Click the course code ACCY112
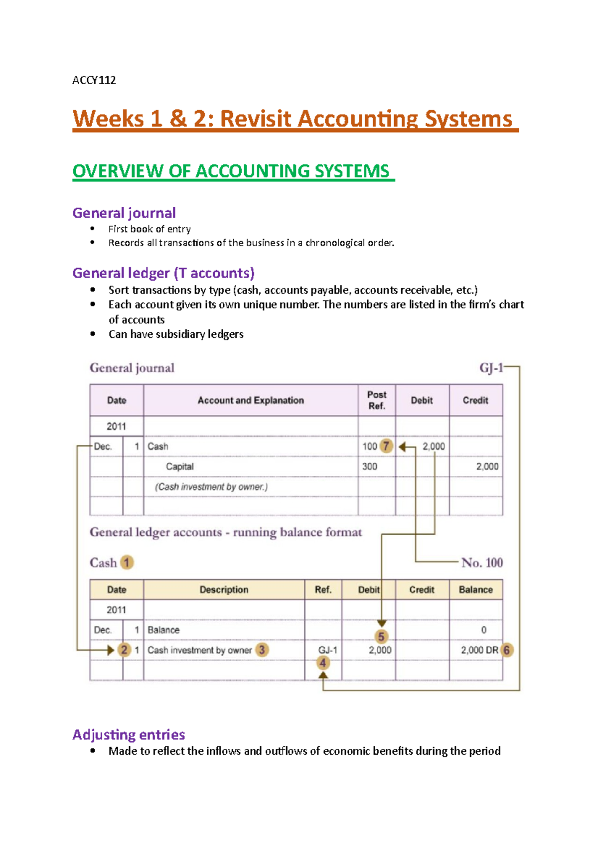(94, 80)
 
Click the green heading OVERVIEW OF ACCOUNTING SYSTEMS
(231, 171)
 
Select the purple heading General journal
(124, 213)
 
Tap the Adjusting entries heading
(129, 734)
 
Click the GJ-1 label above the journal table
(491, 368)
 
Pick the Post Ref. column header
(377, 400)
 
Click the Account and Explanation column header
(251, 400)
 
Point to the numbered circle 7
(386, 446)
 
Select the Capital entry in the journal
(179, 466)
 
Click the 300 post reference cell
(370, 466)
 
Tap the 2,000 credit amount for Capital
(487, 466)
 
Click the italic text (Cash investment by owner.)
(211, 487)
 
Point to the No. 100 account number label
(482, 563)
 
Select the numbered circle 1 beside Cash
(127, 563)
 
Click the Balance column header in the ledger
(475, 589)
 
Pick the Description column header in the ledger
(224, 589)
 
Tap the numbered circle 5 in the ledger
(381, 636)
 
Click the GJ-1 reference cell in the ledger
(327, 650)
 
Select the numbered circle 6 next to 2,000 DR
(507, 650)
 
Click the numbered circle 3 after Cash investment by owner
(262, 650)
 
